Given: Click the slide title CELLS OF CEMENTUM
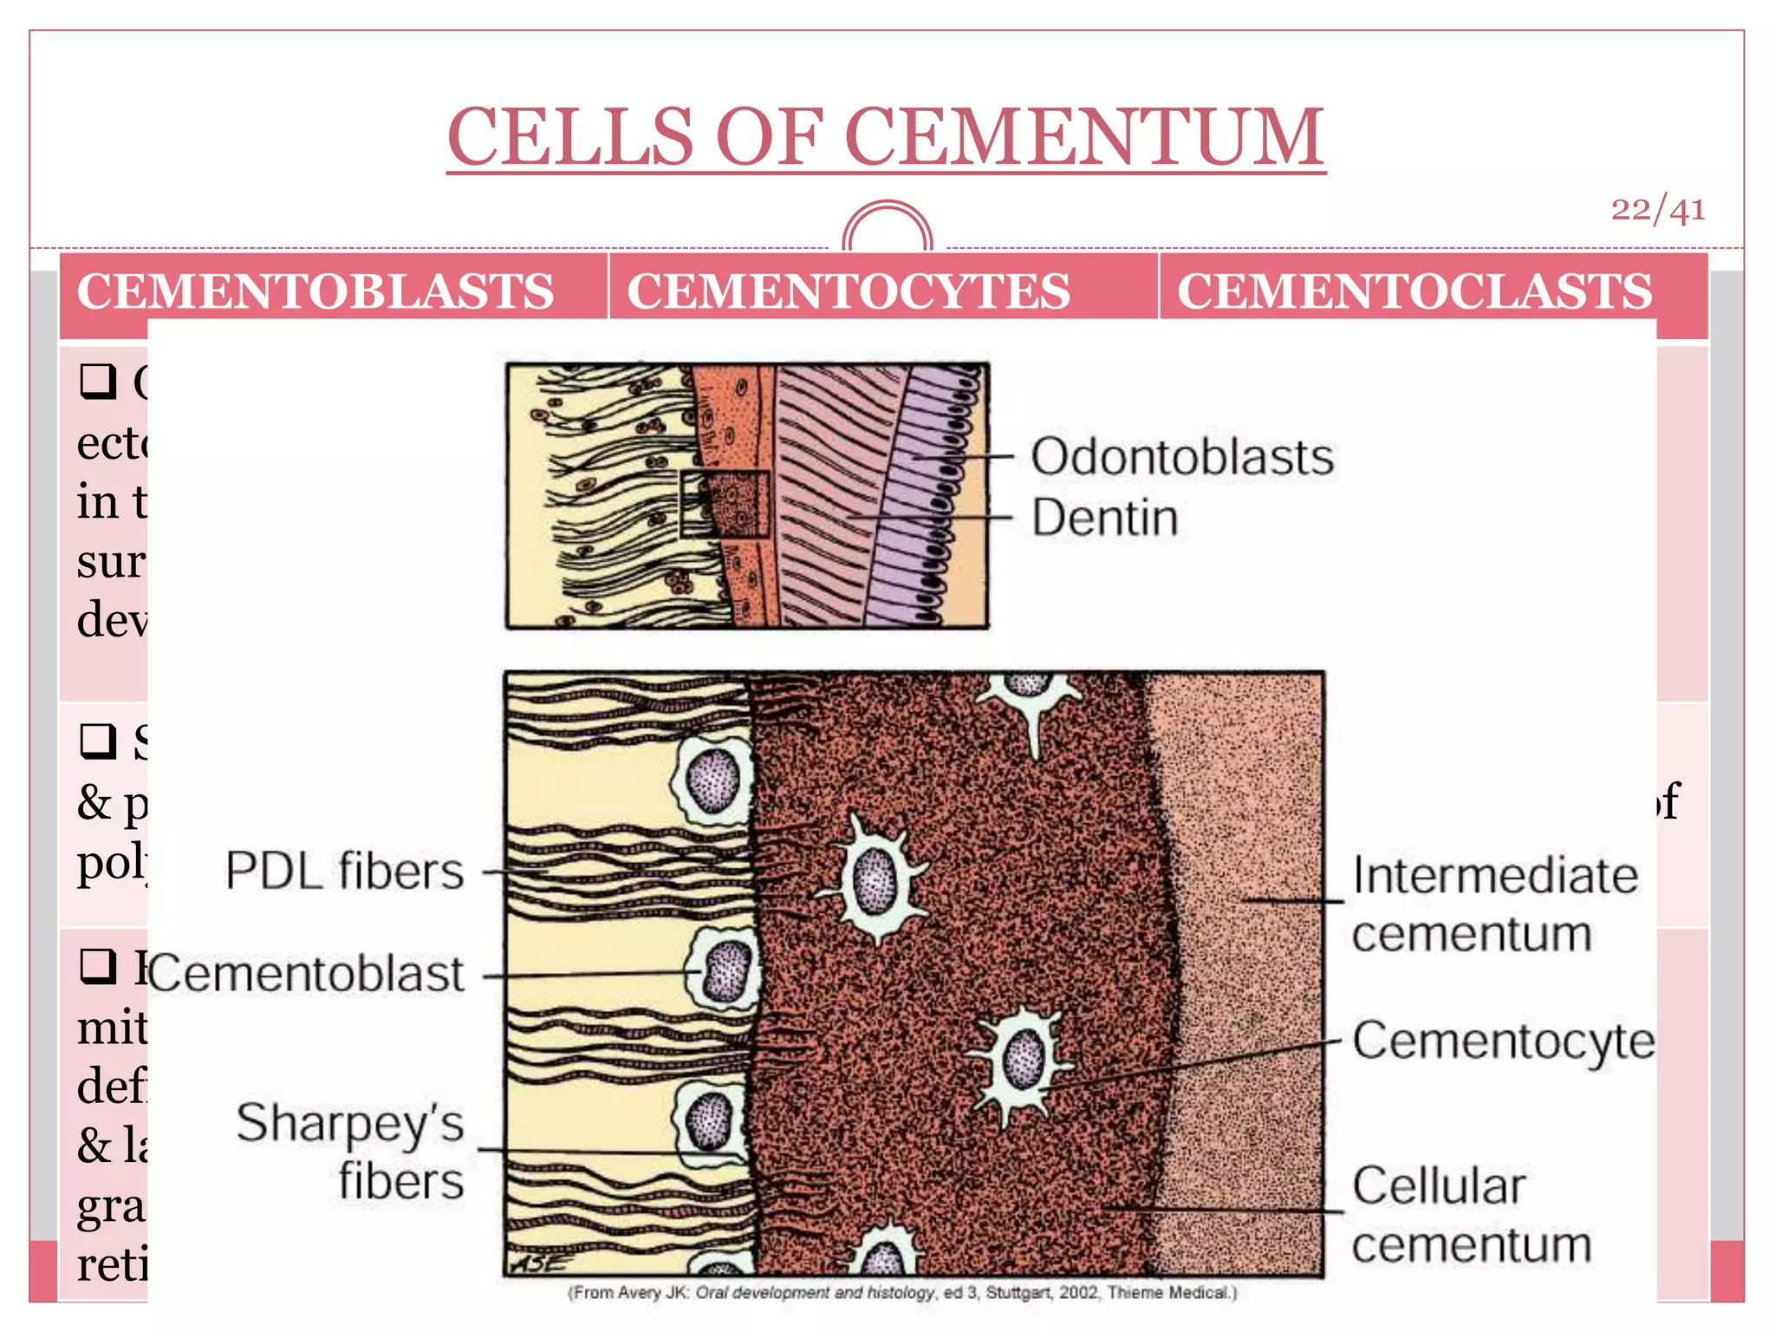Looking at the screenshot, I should tap(886, 137).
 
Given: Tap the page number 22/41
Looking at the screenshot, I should tap(1657, 210).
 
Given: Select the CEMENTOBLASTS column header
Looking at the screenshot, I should tap(315, 291).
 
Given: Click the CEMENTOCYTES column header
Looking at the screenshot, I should tap(848, 291).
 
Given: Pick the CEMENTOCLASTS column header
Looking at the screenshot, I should tap(1414, 291).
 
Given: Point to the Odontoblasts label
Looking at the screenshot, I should tap(1181, 457).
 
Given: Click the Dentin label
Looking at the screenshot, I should tap(1104, 518).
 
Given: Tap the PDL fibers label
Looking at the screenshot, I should tap(345, 871).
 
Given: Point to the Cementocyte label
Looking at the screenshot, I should tap(1503, 1041).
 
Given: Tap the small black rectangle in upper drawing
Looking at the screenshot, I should tap(724, 505).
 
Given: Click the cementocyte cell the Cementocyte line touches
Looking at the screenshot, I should tap(1024, 1060).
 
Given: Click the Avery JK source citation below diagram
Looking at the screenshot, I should tap(901, 1293).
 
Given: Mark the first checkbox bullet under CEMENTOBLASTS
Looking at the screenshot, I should tap(98, 381).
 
